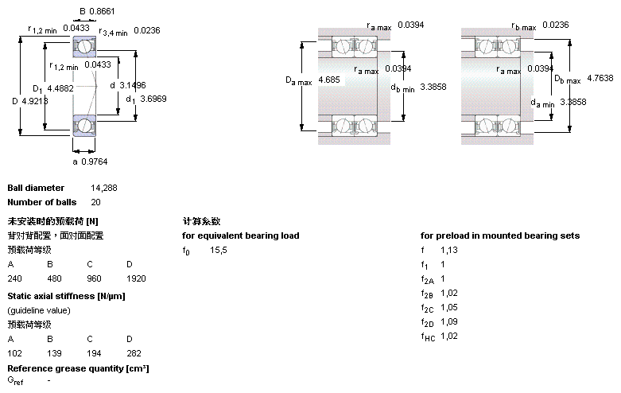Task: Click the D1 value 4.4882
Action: (61, 88)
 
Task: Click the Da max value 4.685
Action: (328, 80)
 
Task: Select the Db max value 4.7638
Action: (600, 79)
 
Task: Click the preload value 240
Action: (14, 279)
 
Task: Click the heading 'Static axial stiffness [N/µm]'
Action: (66, 296)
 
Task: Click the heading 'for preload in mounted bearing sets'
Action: (500, 235)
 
